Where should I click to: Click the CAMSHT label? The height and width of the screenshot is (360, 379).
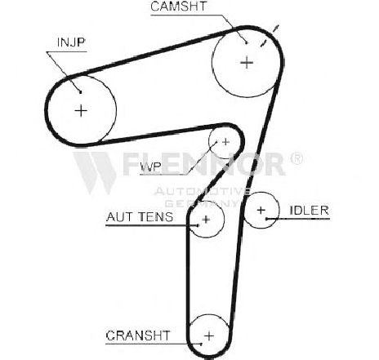tap(179, 7)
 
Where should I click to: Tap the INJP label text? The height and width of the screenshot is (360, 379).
tap(71, 42)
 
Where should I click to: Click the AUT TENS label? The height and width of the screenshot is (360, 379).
tap(140, 217)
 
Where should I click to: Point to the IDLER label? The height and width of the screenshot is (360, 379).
tap(309, 211)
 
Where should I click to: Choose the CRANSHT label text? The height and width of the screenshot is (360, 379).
tap(138, 336)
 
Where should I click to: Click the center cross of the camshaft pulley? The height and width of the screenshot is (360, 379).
tap(247, 63)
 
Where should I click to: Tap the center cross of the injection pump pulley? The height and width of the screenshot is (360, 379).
tap(81, 111)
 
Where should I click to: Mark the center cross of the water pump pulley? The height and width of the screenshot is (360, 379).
tap(225, 142)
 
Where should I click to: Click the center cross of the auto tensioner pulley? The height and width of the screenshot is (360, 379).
tap(206, 220)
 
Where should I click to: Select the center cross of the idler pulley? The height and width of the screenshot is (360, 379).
tap(261, 210)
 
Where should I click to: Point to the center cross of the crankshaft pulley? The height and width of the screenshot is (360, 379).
tap(209, 336)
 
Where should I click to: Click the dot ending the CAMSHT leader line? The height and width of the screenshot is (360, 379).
tap(247, 42)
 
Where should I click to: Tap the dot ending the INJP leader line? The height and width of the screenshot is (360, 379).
tap(80, 92)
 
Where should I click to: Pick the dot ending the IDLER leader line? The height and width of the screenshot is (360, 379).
tap(267, 219)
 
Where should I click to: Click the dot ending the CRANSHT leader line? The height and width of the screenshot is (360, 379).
tap(201, 344)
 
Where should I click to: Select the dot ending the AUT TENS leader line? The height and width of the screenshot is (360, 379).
tap(198, 225)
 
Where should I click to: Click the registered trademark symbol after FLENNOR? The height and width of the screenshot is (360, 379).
tap(297, 158)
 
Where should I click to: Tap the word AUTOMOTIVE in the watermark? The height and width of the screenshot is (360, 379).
tap(202, 191)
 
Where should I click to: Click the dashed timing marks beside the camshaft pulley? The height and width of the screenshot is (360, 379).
tap(270, 36)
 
